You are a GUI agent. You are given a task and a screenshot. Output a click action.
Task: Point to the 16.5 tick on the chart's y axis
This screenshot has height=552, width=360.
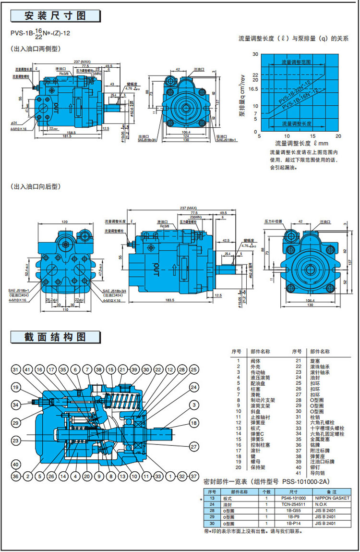click(x=253, y=88)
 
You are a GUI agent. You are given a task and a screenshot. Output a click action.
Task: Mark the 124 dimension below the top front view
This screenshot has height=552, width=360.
click(x=185, y=136)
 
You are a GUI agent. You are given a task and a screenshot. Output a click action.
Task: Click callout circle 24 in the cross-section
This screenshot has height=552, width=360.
click(x=193, y=387)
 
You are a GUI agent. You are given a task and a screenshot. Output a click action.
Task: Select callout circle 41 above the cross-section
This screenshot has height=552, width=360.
click(x=27, y=369)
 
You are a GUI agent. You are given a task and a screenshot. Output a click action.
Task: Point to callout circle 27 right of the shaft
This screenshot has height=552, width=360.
click(x=193, y=446)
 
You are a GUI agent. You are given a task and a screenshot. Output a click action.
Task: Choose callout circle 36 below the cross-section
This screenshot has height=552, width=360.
click(x=16, y=476)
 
